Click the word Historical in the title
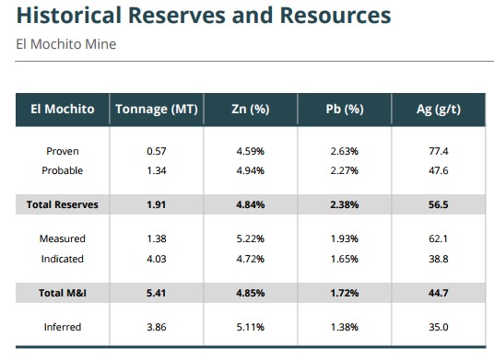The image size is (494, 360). coord(69,15)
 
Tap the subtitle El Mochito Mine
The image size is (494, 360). coord(65,44)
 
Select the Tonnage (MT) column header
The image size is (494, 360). coord(157,110)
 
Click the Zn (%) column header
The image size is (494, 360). coord(251,110)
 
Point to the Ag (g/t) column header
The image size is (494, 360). coord(439,110)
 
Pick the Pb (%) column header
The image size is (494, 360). coord(345,110)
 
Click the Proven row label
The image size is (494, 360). coord(63,151)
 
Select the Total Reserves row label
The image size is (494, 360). coord(63,204)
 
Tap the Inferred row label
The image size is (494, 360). coord(63,327)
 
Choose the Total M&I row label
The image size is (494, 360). coord(63,293)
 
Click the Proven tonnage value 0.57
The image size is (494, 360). coord(157,151)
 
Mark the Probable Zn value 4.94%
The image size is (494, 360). coord(251,170)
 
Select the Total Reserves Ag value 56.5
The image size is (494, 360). coord(438,204)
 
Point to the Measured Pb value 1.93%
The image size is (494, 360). coord(345,238)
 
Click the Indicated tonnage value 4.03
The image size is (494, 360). coord(157,259)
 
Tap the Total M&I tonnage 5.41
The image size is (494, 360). coord(157,293)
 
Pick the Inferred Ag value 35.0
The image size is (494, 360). coord(438,327)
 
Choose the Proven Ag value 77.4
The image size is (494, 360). coord(438,151)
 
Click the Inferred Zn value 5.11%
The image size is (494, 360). coord(251,327)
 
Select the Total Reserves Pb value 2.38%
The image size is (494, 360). coord(345,204)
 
